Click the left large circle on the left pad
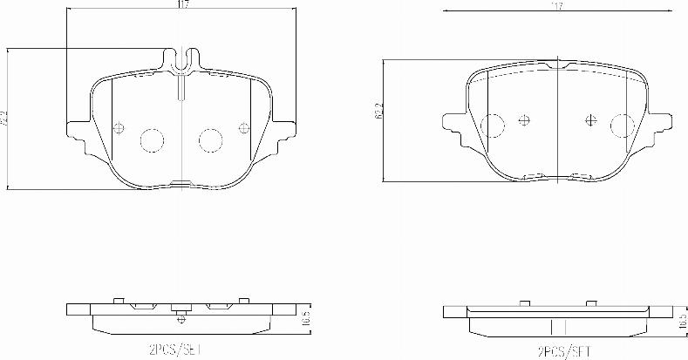click(153, 139)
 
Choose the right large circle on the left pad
click(210, 139)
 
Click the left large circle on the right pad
click(492, 126)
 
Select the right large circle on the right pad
click(622, 126)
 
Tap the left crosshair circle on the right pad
click(524, 121)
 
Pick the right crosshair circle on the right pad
click(591, 121)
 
